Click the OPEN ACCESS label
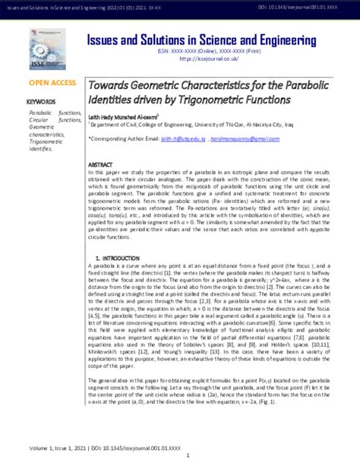tap(52, 81)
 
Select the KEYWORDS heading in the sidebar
tap(42, 101)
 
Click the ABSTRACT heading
tap(102, 163)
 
